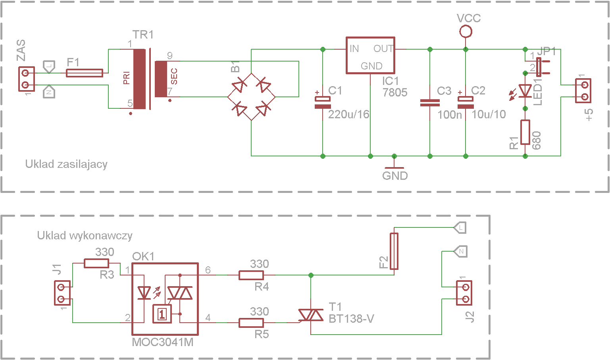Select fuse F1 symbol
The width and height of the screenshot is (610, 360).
tap(85, 73)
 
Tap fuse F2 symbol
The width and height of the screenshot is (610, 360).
tap(394, 251)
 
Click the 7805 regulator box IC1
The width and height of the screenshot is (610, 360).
tap(370, 55)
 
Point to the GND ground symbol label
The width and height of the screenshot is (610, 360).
tap(395, 176)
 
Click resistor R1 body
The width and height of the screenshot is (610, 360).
tap(525, 132)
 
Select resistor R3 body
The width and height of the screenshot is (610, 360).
tap(96, 263)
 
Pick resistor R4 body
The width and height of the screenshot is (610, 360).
tap(251, 275)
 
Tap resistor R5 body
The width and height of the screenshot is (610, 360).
tap(251, 323)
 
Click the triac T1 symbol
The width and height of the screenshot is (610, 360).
tap(311, 315)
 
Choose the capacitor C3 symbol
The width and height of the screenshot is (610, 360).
tap(430, 103)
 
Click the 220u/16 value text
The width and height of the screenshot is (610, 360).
tap(348, 114)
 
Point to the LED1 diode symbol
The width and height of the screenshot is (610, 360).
tap(525, 91)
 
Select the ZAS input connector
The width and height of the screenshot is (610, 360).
tap(27, 79)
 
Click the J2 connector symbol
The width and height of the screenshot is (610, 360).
tap(464, 293)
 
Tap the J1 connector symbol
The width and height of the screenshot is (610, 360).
tap(62, 293)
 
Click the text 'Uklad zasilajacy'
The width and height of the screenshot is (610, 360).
tap(66, 164)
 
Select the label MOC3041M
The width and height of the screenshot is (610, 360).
tap(163, 342)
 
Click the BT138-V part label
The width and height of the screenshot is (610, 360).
tap(351, 319)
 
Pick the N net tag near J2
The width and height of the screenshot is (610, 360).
tap(460, 251)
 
